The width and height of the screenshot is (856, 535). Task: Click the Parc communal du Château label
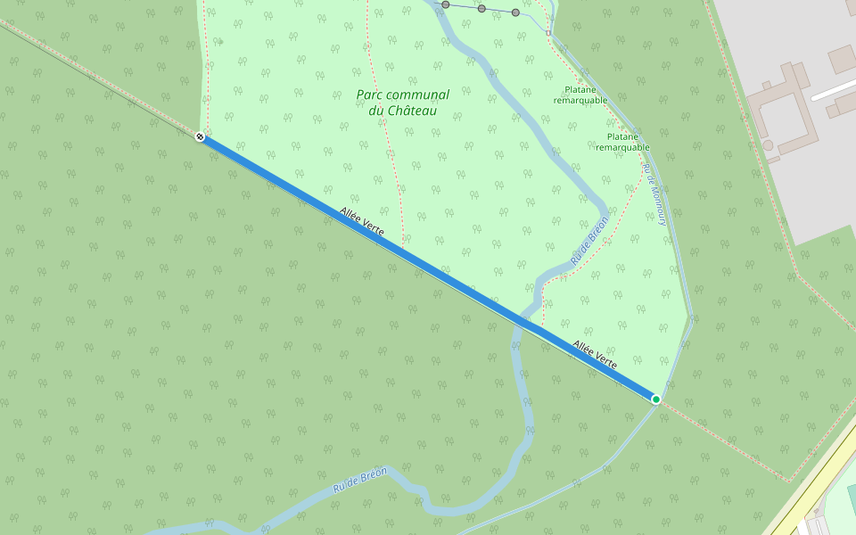402,103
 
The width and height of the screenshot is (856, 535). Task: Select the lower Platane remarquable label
622,142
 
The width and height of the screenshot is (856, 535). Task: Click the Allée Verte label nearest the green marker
595,354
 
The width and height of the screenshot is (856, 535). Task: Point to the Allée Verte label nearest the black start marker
362,221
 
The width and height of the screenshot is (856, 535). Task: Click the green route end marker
656,399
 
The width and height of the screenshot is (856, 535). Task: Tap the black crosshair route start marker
201,136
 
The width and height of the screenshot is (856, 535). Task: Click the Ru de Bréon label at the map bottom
359,481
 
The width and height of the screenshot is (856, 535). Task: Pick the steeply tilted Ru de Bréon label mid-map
588,239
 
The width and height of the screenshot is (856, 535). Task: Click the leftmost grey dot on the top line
446,4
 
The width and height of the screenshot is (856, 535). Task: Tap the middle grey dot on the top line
481,8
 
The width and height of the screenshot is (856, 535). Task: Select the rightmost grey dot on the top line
515,12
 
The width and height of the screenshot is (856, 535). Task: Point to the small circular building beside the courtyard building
768,144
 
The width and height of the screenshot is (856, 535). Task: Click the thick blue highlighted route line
428,267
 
